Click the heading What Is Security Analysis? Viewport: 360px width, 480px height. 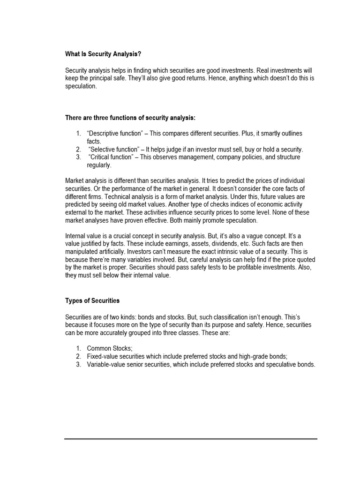pos(103,54)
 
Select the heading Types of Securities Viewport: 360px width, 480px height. pos(93,300)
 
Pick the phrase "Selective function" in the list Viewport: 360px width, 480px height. pos(111,150)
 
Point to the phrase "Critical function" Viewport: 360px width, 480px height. pos(110,157)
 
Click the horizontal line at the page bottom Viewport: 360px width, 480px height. pos(191,439)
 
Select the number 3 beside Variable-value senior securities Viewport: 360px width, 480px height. pos(78,365)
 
